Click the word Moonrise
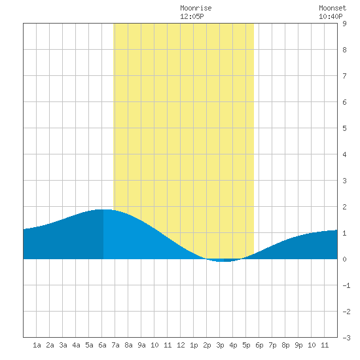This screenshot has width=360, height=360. [x=196, y=8]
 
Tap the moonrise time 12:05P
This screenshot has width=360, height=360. [x=192, y=16]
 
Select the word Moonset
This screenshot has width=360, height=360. [x=333, y=8]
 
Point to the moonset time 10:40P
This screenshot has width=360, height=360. [x=331, y=16]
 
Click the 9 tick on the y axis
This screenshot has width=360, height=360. [x=344, y=24]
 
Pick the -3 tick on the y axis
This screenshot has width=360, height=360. [x=346, y=338]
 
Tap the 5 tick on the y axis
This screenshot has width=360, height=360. [x=344, y=128]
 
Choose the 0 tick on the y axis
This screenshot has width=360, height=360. [x=344, y=259]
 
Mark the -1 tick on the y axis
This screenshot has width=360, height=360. [x=346, y=285]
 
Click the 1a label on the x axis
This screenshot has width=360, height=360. [x=37, y=345]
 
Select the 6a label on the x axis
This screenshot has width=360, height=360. [x=102, y=345]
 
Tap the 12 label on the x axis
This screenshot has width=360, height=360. [x=181, y=345]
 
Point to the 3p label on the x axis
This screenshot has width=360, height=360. [x=220, y=345]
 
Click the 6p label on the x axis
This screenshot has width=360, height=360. [x=259, y=345]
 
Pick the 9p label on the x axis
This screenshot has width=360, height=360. [x=298, y=345]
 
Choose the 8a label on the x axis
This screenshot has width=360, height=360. [x=128, y=345]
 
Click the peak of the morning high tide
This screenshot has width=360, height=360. [x=103, y=209]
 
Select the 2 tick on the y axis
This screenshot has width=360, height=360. [x=344, y=207]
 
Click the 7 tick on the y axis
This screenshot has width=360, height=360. [x=344, y=76]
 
